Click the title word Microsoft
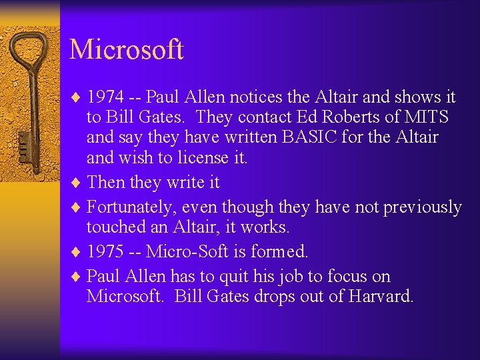point(126,49)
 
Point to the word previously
point(423,207)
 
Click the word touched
point(115,227)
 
